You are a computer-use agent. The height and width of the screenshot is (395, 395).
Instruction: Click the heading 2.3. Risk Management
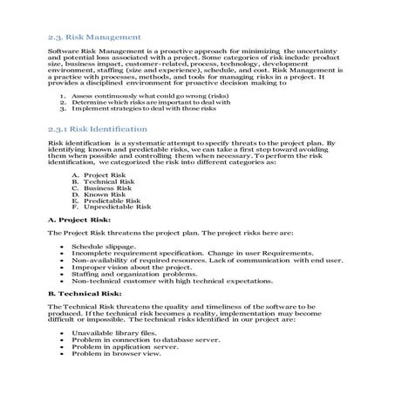93,37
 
